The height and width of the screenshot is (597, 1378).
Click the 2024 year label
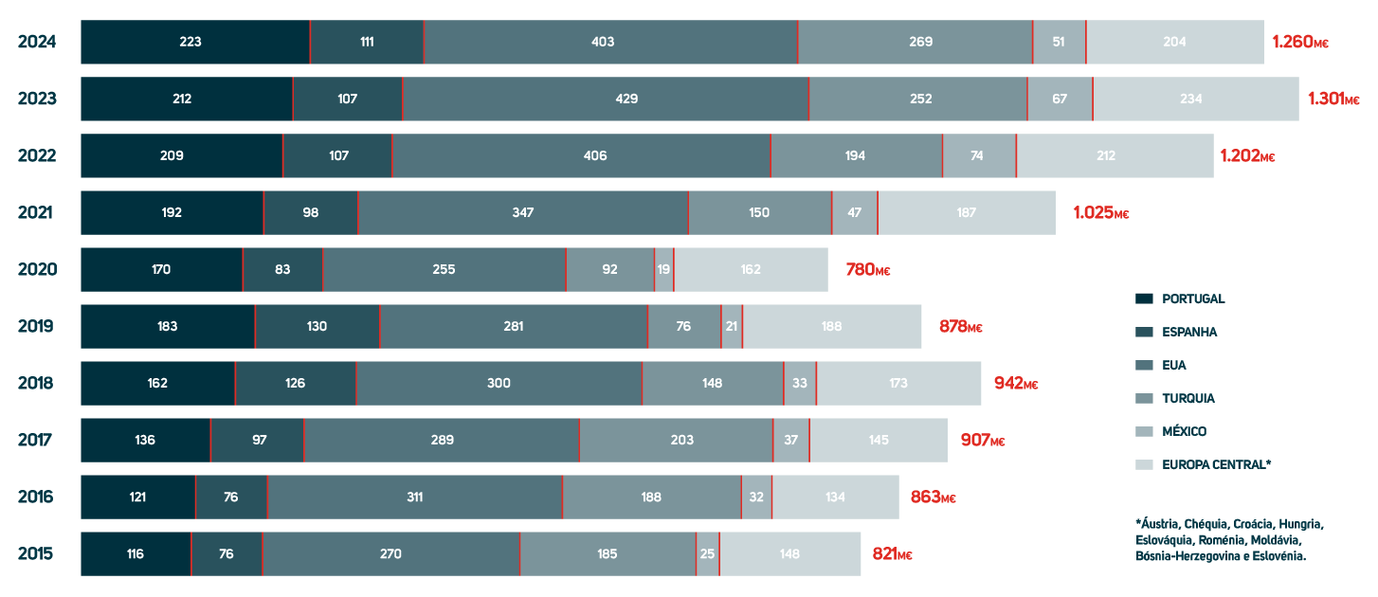coord(37,42)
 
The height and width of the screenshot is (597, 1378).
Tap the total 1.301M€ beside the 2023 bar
coord(1333,99)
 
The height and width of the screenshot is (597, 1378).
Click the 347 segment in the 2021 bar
coord(522,212)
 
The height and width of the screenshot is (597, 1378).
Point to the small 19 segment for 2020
coord(663,269)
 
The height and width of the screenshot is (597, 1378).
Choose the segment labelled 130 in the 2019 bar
coord(317,326)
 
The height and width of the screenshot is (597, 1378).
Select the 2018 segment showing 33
coord(800,383)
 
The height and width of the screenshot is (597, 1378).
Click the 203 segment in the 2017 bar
coord(676,440)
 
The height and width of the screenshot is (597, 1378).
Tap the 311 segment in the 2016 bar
coord(414,497)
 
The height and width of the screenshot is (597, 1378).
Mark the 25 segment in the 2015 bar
coord(707,553)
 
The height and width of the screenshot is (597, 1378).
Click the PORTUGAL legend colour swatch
coord(1144,299)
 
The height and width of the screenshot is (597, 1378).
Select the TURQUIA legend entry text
coord(1188,399)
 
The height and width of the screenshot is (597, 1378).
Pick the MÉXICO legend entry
coord(1185,432)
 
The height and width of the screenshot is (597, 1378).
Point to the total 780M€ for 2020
coord(867,270)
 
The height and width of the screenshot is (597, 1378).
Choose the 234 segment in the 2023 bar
coord(1195,99)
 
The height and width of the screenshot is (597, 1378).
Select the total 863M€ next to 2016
coord(933,497)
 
